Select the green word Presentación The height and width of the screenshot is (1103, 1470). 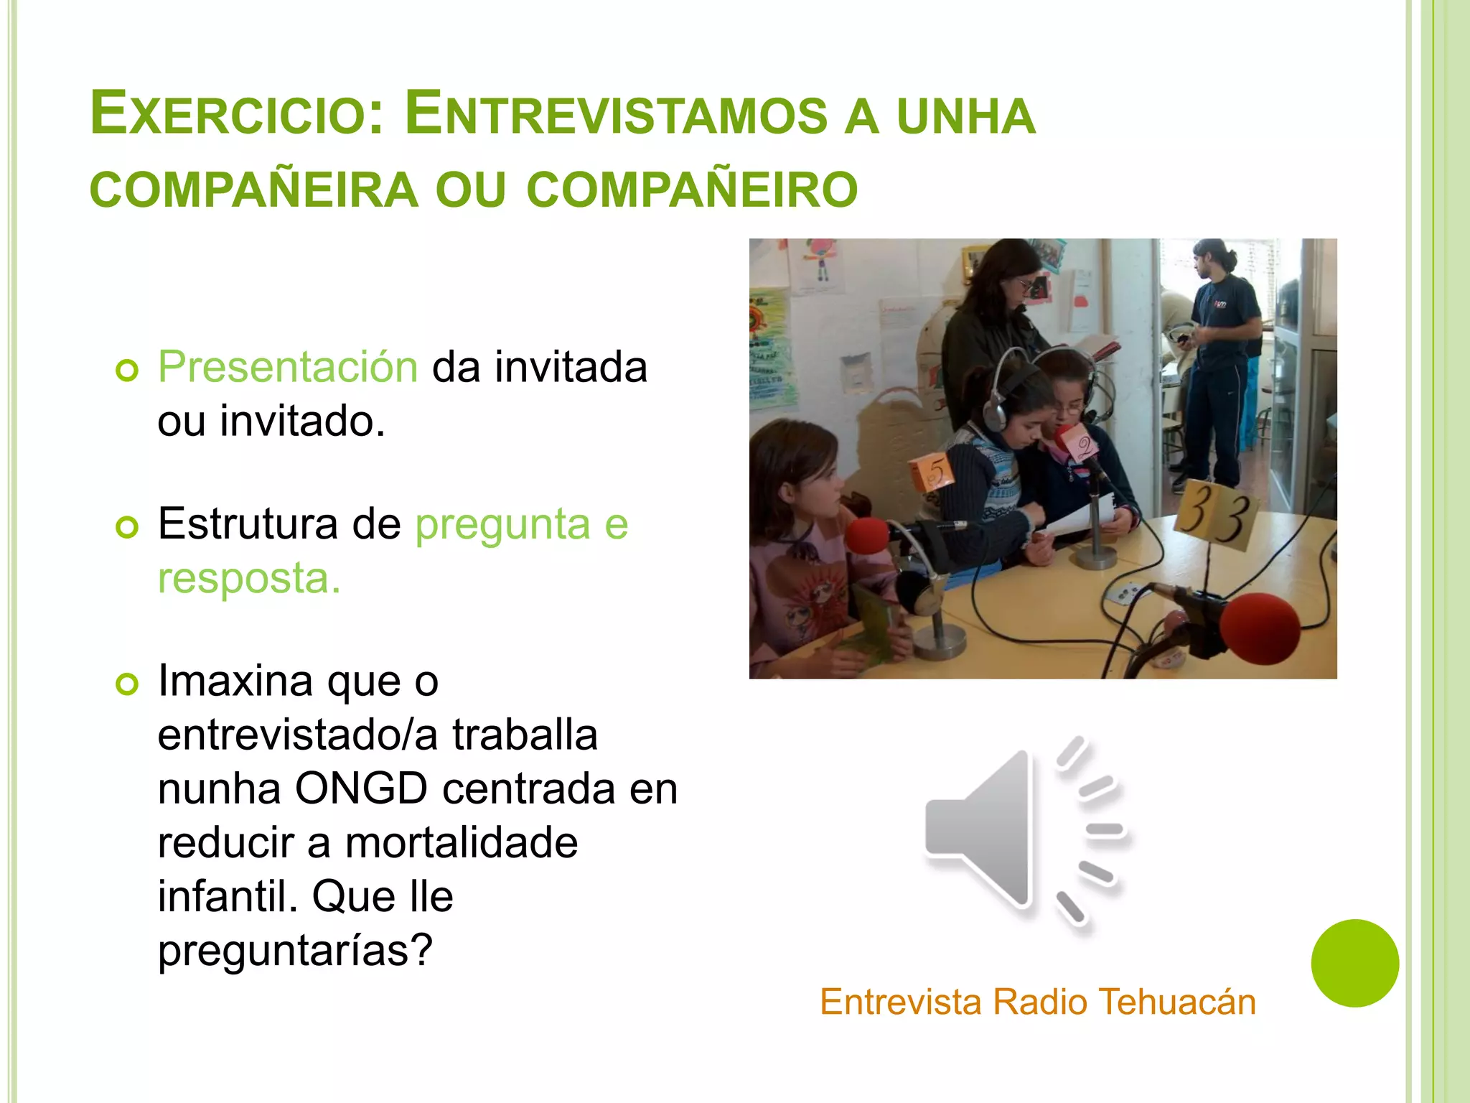[288, 367]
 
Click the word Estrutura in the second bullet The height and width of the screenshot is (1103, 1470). [248, 523]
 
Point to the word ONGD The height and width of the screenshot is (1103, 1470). [361, 788]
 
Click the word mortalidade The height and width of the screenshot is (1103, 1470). [462, 842]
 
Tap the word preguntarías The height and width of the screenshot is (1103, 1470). [295, 950]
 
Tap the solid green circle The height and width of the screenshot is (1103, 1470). [1354, 963]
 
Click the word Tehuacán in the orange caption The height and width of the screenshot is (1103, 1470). [1177, 1002]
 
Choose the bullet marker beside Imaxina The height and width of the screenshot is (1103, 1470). [127, 684]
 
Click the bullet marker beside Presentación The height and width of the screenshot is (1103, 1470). [127, 371]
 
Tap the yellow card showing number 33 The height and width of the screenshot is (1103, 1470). [1217, 512]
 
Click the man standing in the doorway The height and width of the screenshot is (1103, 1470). [1220, 359]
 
